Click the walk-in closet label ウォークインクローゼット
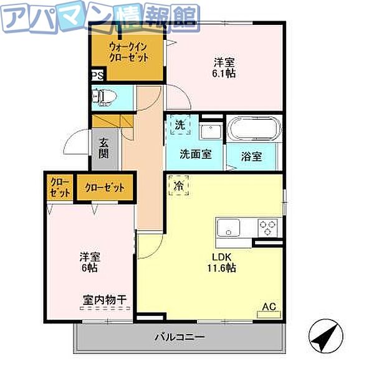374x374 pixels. [128, 52]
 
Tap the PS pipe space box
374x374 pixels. [96, 75]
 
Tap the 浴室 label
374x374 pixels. [252, 156]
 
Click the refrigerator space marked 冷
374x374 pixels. [178, 185]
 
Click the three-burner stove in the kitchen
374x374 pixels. [269, 227]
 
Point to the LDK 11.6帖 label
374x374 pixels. [222, 262]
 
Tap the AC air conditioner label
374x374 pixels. [269, 307]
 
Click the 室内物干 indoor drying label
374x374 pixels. [105, 300]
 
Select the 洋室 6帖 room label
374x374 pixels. [88, 262]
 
